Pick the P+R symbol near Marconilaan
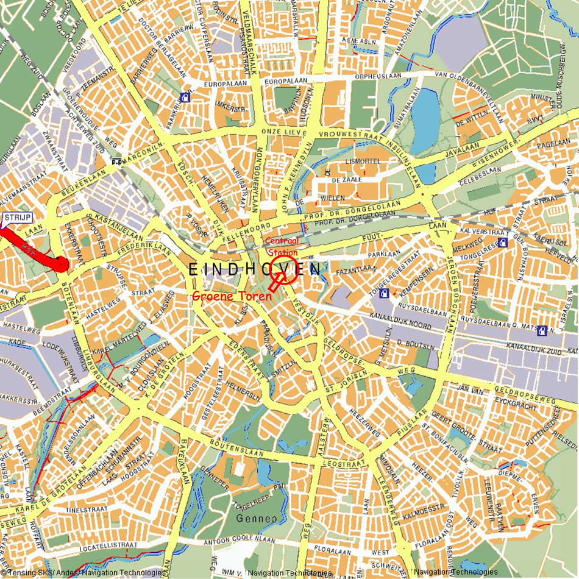click(117, 162)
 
